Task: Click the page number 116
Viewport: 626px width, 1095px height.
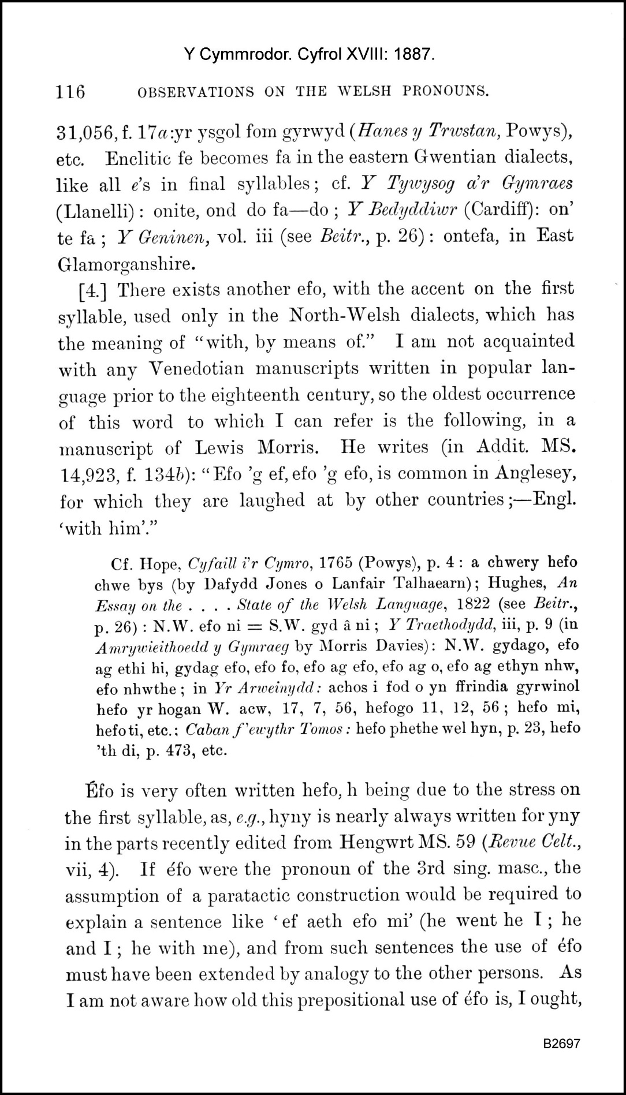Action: [70, 91]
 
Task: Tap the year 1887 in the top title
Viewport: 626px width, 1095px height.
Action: [412, 55]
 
